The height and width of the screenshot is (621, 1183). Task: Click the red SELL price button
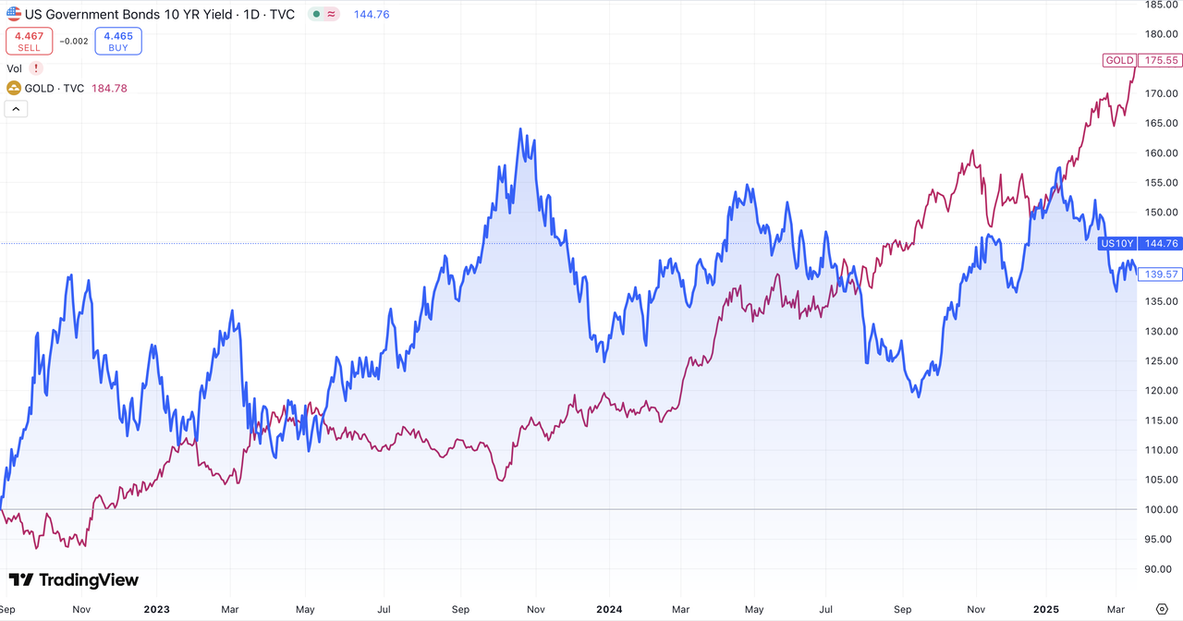pyautogui.click(x=29, y=41)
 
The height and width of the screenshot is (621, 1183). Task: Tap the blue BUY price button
pyautogui.click(x=118, y=41)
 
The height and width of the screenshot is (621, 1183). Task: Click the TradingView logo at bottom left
pyautogui.click(x=74, y=580)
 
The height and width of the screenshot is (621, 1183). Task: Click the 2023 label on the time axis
pyautogui.click(x=156, y=609)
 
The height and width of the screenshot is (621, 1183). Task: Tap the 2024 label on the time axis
pyautogui.click(x=609, y=609)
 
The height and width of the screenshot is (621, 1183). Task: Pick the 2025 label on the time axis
pyautogui.click(x=1046, y=609)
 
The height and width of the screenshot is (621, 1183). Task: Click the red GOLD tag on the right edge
pyautogui.click(x=1119, y=60)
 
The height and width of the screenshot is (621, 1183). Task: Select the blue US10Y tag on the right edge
pyautogui.click(x=1116, y=244)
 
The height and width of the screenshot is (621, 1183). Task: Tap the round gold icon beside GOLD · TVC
pyautogui.click(x=14, y=89)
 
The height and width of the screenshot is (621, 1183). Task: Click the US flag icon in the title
pyautogui.click(x=14, y=15)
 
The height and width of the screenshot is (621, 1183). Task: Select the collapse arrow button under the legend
pyautogui.click(x=17, y=109)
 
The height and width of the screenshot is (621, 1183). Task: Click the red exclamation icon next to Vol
pyautogui.click(x=36, y=68)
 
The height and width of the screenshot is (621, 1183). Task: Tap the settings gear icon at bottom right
pyautogui.click(x=1162, y=609)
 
